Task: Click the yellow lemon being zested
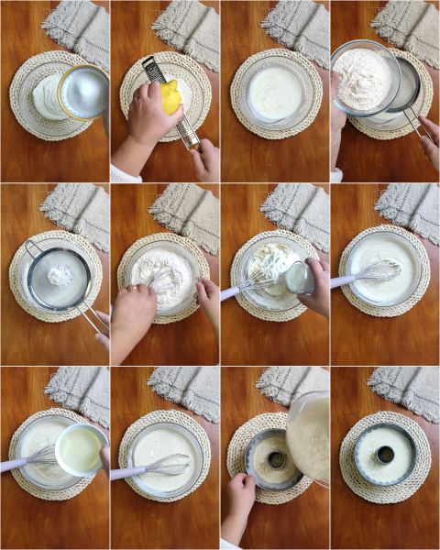click(171, 97)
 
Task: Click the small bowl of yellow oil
click(81, 450)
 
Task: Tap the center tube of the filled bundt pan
click(385, 454)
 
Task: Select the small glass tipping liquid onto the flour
click(299, 277)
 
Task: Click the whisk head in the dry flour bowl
click(164, 278)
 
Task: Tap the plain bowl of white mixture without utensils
click(274, 93)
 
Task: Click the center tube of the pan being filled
click(275, 459)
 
